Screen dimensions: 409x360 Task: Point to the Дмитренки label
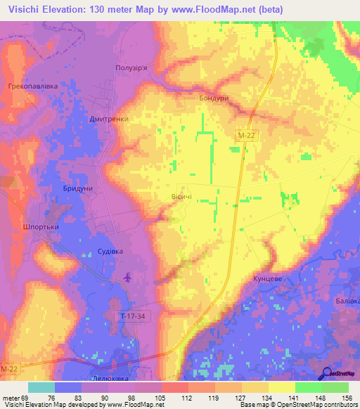[109, 119]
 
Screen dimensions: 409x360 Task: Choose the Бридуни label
[77, 190]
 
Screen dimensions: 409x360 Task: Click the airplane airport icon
[127, 278]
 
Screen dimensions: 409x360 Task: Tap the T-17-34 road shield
[133, 317]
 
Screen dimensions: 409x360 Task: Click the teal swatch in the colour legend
[41, 387]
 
